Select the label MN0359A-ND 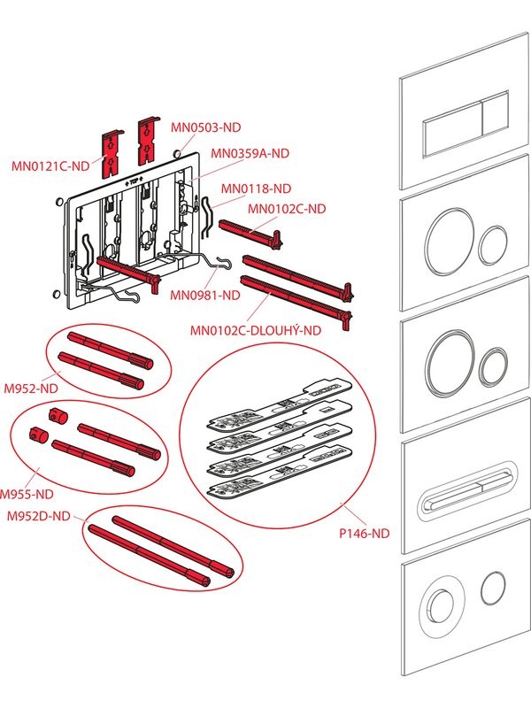[x=250, y=153]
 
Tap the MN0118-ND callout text [x=256, y=188]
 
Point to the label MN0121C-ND [x=50, y=165]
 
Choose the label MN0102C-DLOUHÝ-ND [x=256, y=331]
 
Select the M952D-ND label [x=35, y=515]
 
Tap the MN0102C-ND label [x=286, y=209]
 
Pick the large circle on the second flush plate [x=448, y=240]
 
